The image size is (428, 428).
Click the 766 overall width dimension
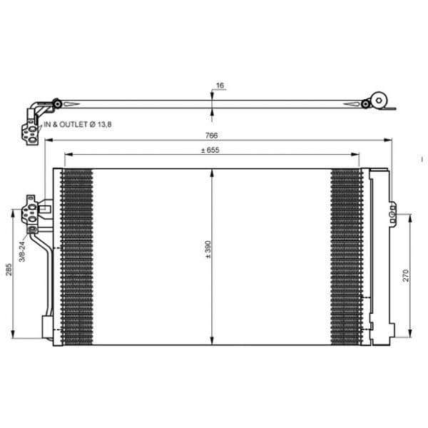click(211, 136)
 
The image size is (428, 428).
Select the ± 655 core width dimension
click(210, 150)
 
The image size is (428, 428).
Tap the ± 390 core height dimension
click(208, 249)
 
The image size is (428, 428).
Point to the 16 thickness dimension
click(220, 86)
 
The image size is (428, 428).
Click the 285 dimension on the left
click(9, 270)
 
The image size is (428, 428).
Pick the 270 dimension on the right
click(406, 275)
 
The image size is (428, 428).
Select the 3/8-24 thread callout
click(22, 252)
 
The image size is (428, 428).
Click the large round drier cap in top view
click(379, 101)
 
